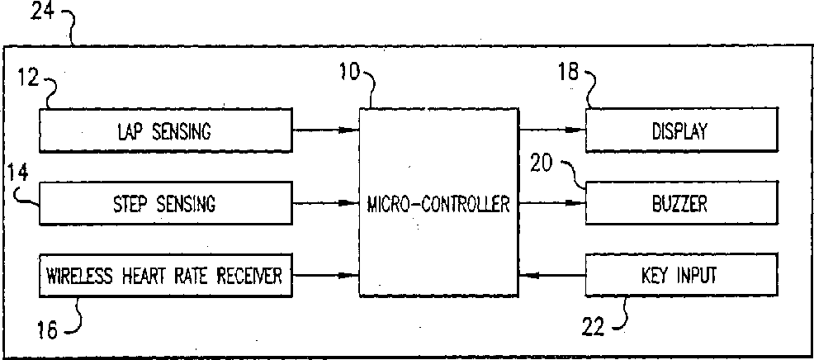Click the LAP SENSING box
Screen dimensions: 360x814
click(165, 131)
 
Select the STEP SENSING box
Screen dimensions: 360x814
click(165, 202)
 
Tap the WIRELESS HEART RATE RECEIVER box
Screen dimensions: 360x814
click(165, 275)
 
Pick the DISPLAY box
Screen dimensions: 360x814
click(680, 131)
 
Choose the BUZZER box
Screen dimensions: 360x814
click(680, 202)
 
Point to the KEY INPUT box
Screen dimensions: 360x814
click(680, 275)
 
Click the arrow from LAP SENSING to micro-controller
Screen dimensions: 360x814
click(324, 130)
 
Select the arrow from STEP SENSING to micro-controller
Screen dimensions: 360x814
click(324, 202)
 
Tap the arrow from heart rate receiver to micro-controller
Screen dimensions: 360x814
click(324, 275)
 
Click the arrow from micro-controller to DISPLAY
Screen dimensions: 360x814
click(551, 130)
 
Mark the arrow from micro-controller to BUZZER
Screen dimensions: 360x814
click(551, 202)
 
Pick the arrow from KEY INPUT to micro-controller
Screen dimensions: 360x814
click(551, 275)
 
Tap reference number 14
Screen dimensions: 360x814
click(17, 173)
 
